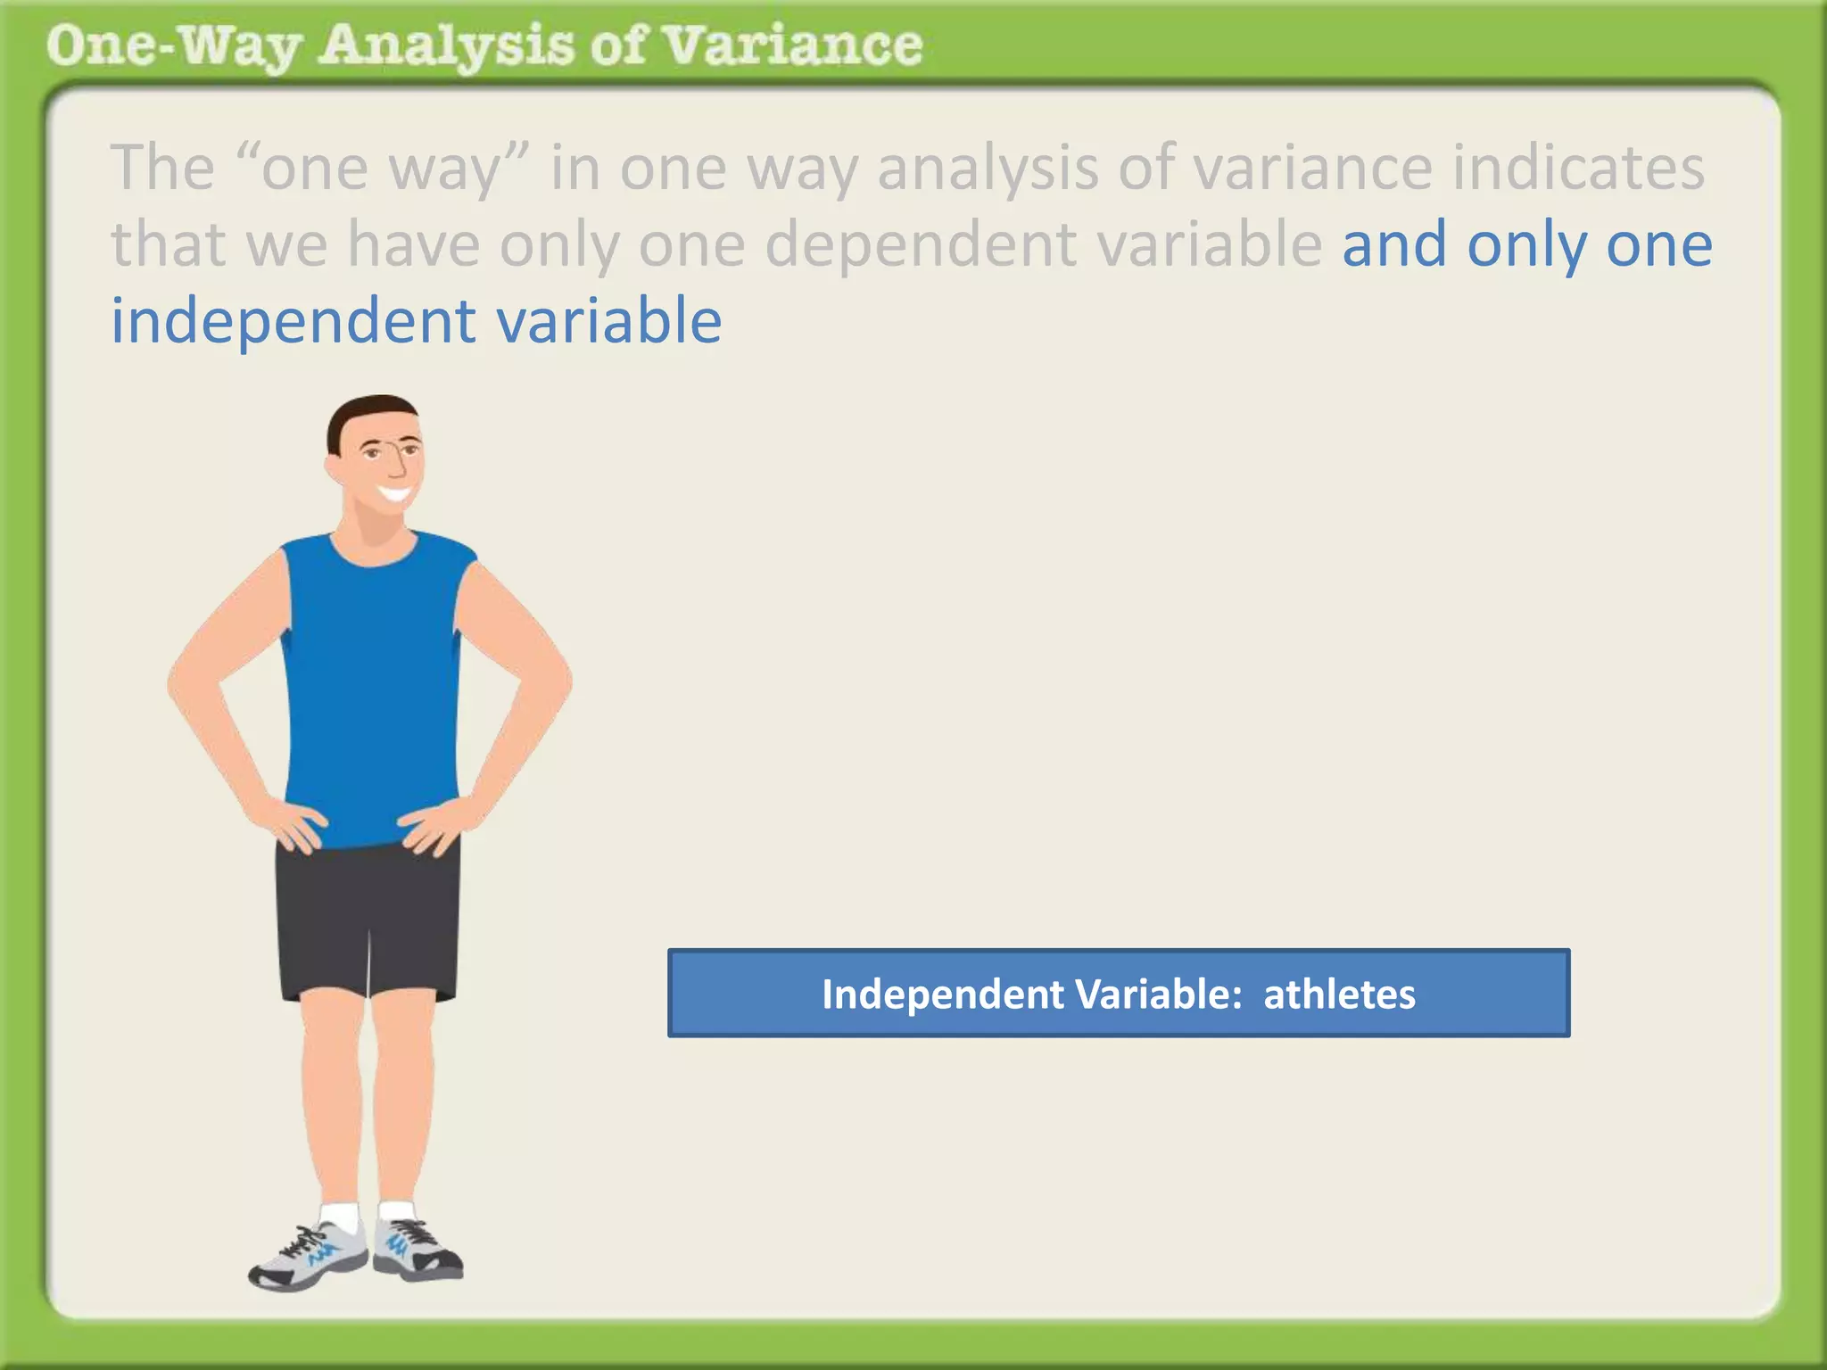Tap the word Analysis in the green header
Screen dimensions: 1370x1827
point(446,46)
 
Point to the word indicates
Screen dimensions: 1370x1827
point(1578,168)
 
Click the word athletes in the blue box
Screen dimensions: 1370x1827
point(1339,994)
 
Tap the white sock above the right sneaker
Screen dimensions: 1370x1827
point(396,1210)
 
